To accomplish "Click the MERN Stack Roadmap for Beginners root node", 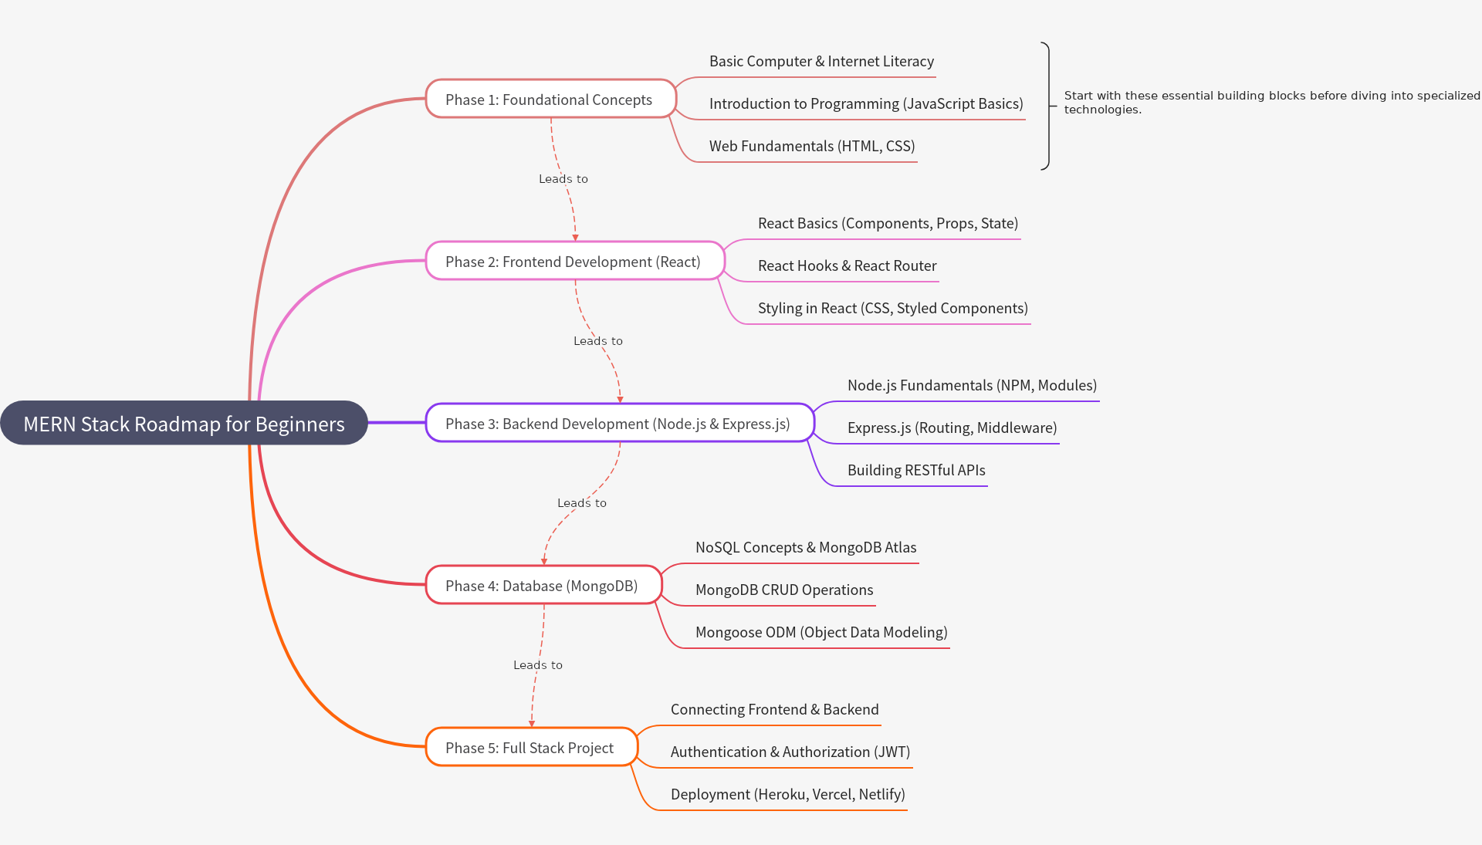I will [x=184, y=423].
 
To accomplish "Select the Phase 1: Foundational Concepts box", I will [x=550, y=100].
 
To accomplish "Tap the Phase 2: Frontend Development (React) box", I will [x=574, y=262].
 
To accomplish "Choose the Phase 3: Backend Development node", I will [x=618, y=424].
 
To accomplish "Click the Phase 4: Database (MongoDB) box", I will [x=542, y=586].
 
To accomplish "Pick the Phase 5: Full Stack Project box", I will [x=530, y=748].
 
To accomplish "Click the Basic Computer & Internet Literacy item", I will [x=821, y=62].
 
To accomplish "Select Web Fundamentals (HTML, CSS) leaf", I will [x=812, y=147].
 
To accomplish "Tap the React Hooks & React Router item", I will [x=847, y=266].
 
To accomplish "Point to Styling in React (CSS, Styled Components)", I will [x=892, y=309].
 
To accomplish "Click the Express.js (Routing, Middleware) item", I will [x=952, y=428].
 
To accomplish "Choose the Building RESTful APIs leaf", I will [x=916, y=471].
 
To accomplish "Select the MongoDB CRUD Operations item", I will [x=784, y=590].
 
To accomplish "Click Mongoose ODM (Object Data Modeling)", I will [x=821, y=633].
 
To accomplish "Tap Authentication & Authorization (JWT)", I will [x=790, y=752].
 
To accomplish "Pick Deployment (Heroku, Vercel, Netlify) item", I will [x=787, y=795].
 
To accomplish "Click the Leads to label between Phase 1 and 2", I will [x=563, y=179].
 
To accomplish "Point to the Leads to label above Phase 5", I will [x=538, y=665].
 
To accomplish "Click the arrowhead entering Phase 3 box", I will [x=620, y=399].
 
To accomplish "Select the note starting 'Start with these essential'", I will [x=1271, y=103].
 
